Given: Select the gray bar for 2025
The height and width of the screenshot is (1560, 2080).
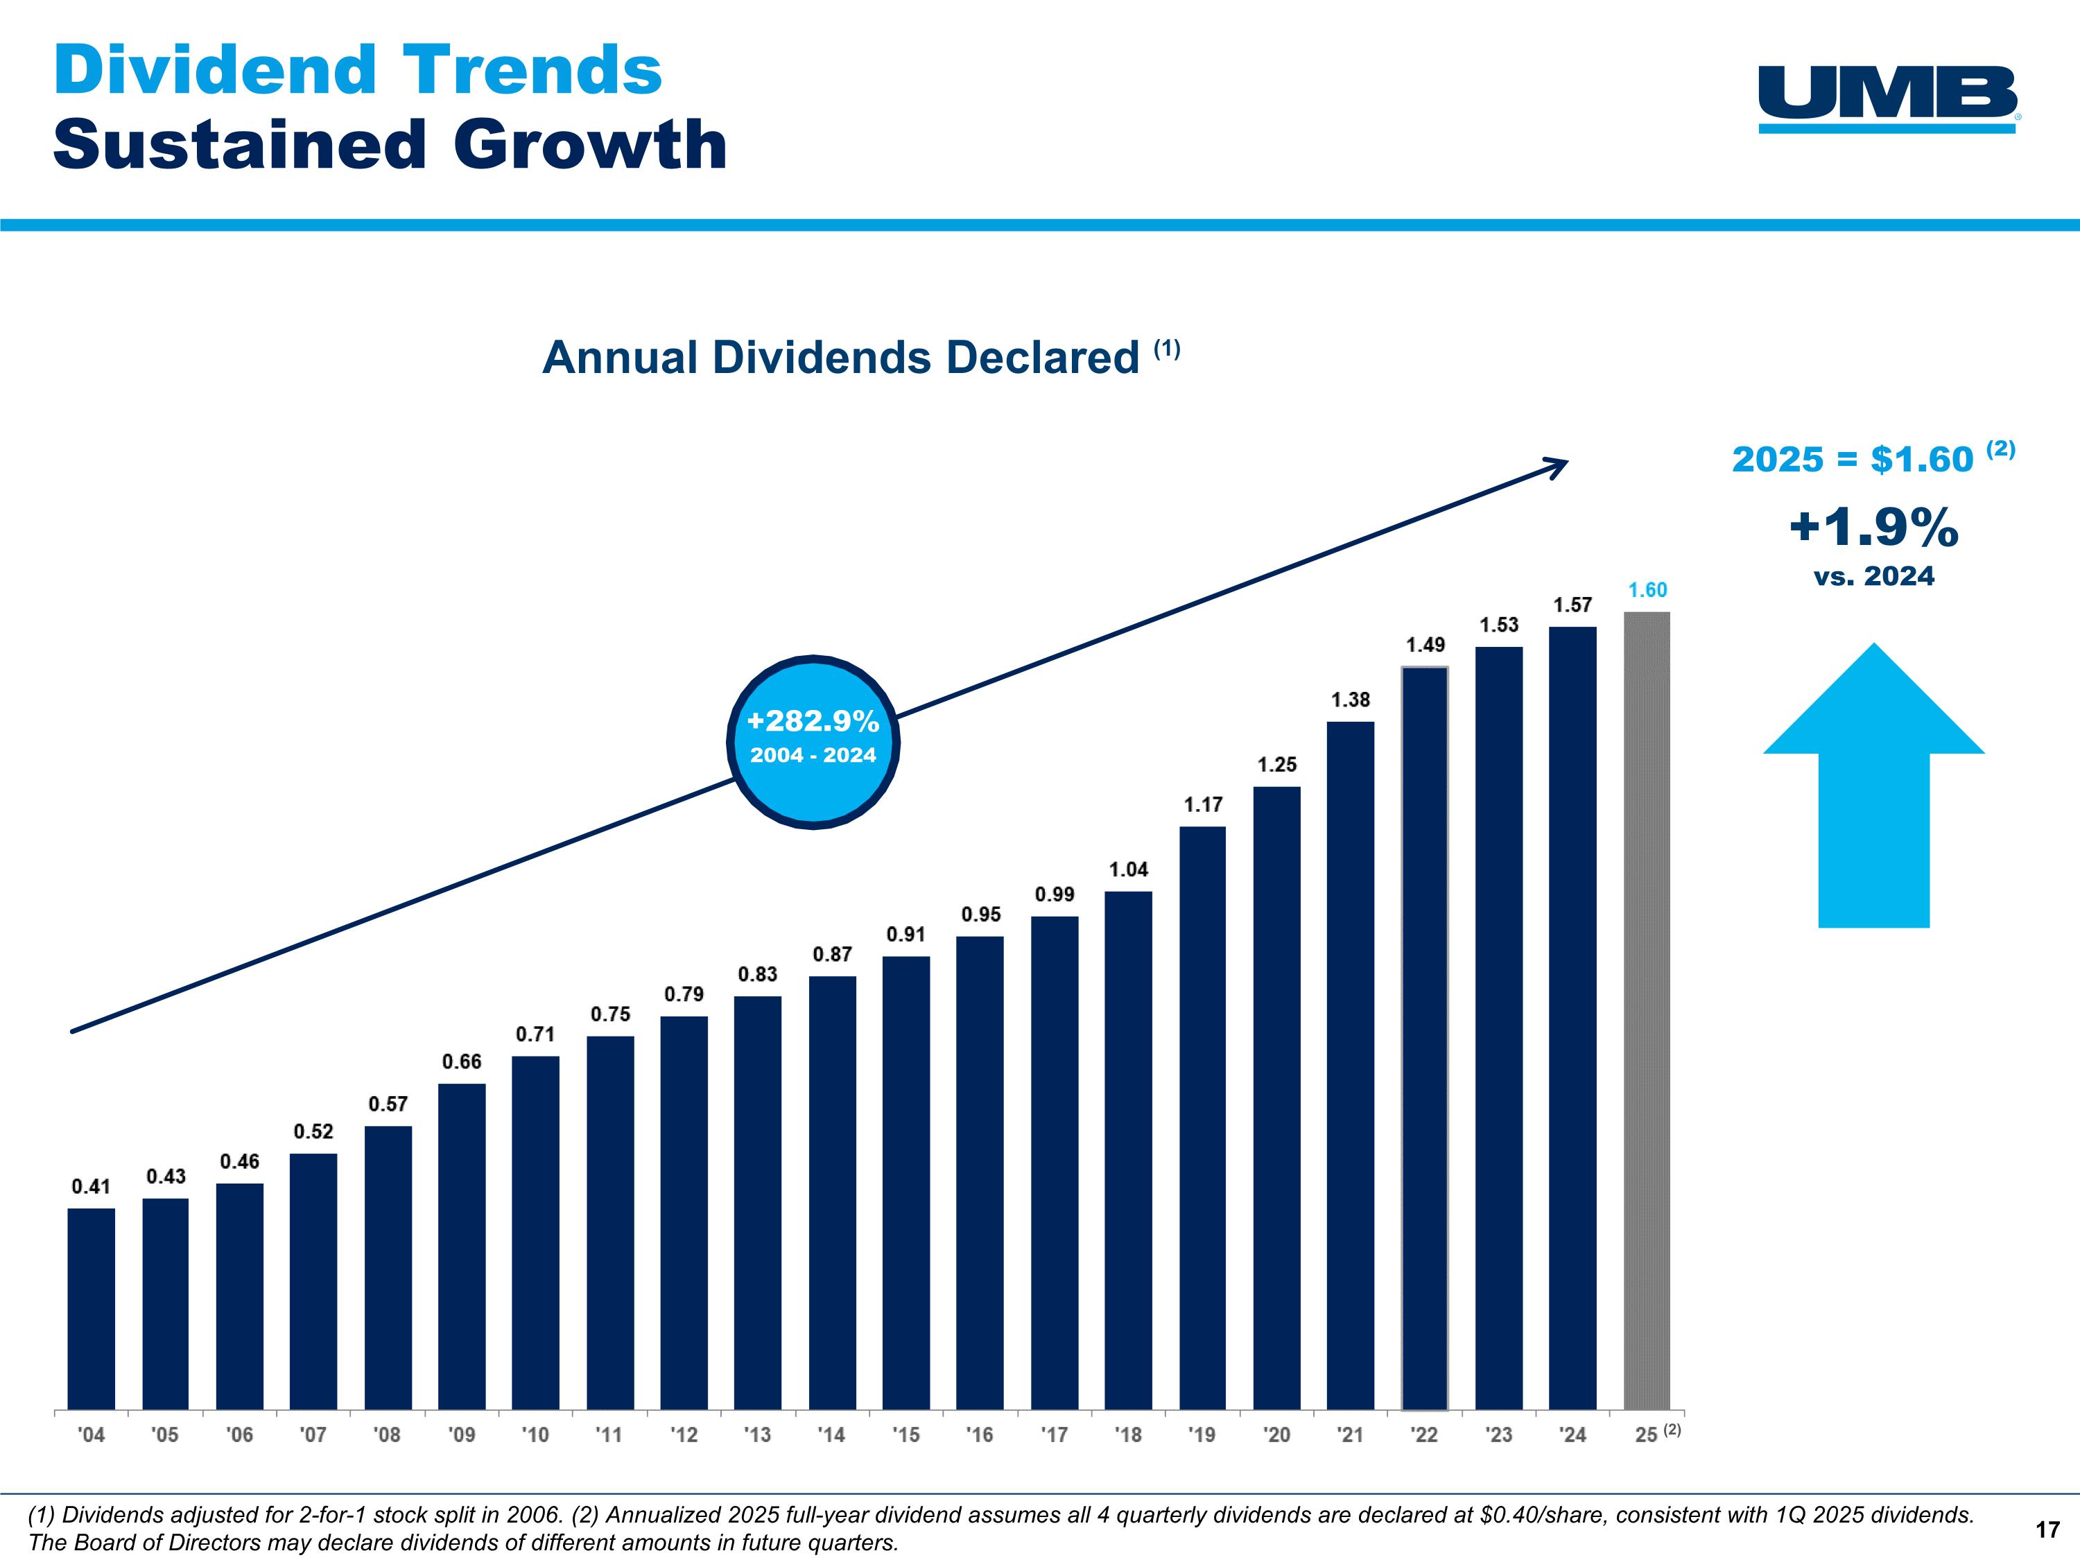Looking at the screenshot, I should tap(1647, 1011).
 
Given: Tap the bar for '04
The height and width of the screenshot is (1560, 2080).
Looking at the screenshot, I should tap(92, 1309).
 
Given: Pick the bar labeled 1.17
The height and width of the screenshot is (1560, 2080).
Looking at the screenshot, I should tap(1203, 1118).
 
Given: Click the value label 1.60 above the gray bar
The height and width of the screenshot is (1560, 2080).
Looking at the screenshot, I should tap(1647, 589).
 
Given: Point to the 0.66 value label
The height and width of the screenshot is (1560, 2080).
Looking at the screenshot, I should tap(462, 1061).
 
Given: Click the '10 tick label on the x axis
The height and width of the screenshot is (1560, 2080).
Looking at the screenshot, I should tap(535, 1435).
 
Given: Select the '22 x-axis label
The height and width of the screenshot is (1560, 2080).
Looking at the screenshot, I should tap(1425, 1435).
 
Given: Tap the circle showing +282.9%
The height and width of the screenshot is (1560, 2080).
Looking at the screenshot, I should tap(813, 741).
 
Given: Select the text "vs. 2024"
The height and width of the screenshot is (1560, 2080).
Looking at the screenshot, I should tap(1873, 576).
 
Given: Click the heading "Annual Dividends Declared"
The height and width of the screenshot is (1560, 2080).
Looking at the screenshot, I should tap(842, 358).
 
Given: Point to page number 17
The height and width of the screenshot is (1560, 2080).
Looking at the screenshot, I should tap(2047, 1530).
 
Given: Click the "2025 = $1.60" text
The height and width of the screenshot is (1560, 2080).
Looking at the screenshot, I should tap(1853, 460).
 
